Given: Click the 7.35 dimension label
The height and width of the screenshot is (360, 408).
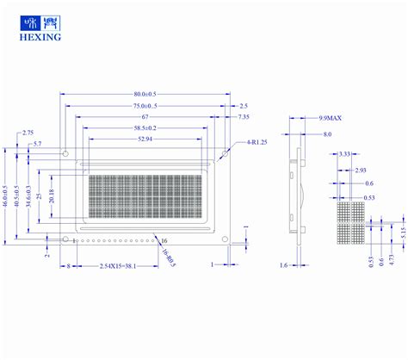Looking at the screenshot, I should click(x=244, y=116).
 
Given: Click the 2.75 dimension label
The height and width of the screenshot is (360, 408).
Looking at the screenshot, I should click(x=28, y=133).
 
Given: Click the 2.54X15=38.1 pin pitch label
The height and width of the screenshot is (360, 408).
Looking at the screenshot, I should click(x=122, y=266).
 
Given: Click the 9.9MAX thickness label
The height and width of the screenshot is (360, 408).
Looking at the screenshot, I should click(x=331, y=116).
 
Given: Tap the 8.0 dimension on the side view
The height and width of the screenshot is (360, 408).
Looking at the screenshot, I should click(x=327, y=134).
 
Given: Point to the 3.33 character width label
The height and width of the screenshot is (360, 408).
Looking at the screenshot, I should click(x=344, y=153).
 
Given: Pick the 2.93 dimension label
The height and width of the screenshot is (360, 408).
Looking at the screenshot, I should click(x=361, y=171).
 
